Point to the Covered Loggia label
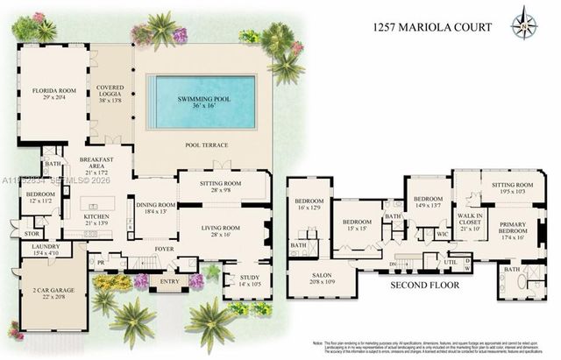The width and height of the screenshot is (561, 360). point(110,93)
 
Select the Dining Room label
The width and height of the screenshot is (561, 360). point(154,208)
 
